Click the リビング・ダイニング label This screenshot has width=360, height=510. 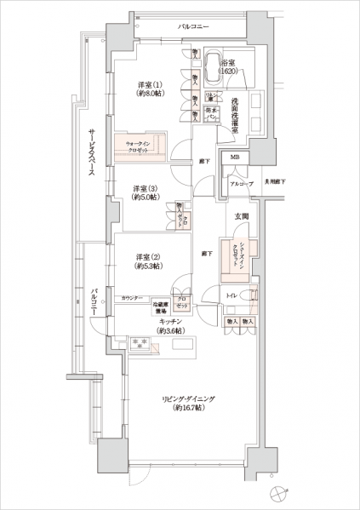183,403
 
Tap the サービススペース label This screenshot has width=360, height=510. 91,153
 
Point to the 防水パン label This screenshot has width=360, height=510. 212,112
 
